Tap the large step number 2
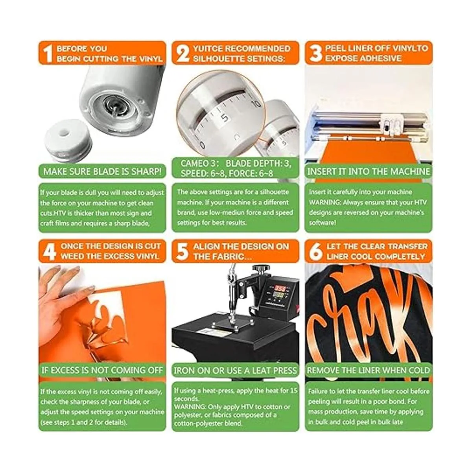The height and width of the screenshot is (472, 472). click(183, 53)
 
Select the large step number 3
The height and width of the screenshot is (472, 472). click(316, 53)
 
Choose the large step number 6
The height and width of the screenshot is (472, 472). click(316, 252)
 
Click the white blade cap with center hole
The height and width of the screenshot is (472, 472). click(67, 140)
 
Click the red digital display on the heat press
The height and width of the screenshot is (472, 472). click(280, 288)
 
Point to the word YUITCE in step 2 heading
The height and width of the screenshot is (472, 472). click(208, 48)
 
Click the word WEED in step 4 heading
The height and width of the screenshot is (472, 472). click(71, 256)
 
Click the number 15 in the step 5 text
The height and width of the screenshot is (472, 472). click(293, 391)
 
